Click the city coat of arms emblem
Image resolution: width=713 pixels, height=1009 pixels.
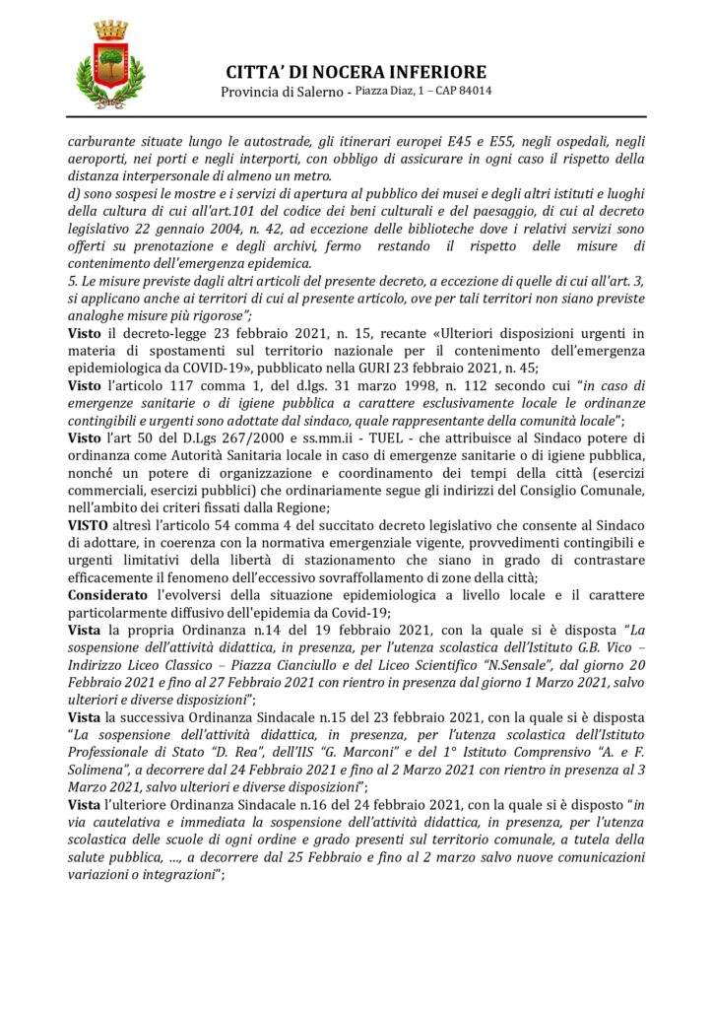[x=109, y=66]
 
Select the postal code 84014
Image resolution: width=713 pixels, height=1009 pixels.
[x=476, y=92]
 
